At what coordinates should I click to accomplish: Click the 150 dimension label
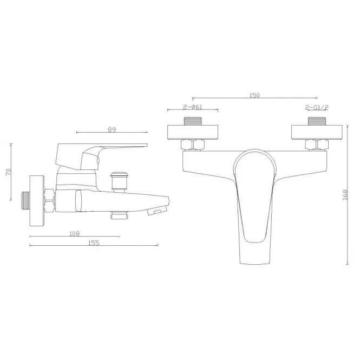[254, 95]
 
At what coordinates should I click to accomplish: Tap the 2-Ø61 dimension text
[193, 107]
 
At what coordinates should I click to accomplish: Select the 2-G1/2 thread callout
[317, 107]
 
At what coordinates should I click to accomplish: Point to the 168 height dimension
[345, 195]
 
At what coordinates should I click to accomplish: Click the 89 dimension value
[112, 130]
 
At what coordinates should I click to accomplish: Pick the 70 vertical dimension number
[8, 172]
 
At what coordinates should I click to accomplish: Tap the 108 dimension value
[74, 234]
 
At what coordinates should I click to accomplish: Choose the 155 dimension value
[94, 243]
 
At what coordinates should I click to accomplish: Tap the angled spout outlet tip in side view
[158, 210]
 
